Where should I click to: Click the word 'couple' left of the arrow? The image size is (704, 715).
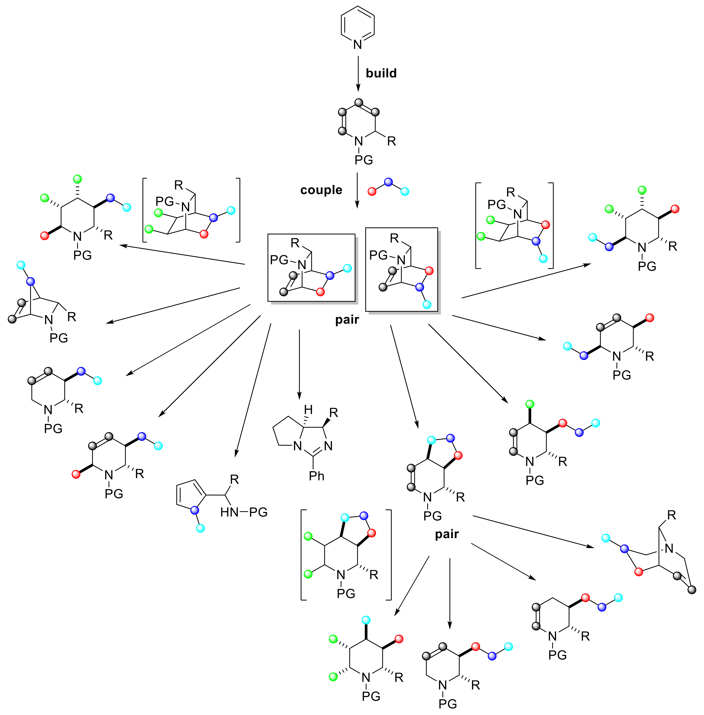(x=321, y=190)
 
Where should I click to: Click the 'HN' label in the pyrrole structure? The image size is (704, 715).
(x=229, y=512)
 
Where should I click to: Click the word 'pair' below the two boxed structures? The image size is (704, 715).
(x=347, y=320)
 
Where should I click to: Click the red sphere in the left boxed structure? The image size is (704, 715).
(x=320, y=292)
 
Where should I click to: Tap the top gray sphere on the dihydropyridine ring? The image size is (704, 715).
(x=358, y=102)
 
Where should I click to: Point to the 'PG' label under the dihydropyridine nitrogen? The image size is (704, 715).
(x=363, y=160)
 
